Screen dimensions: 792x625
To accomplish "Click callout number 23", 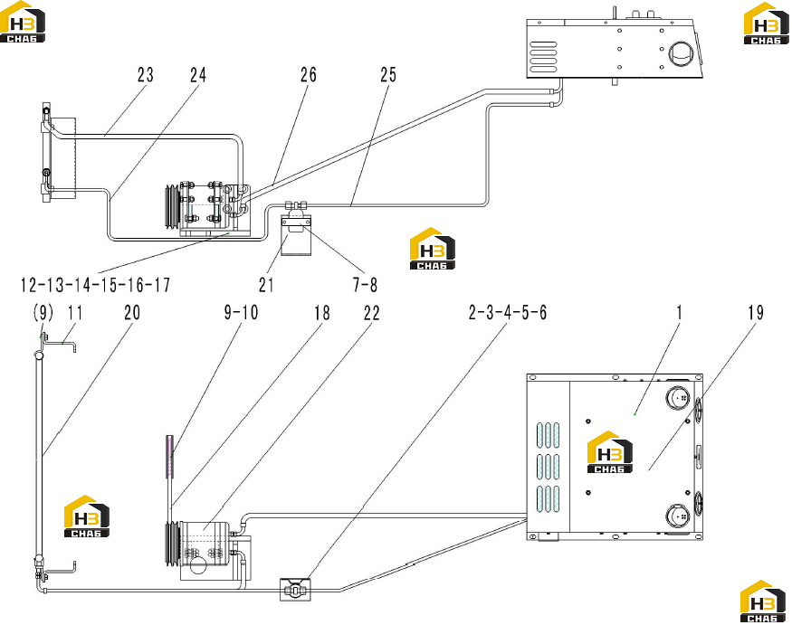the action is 146,75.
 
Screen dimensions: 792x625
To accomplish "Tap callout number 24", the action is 198,75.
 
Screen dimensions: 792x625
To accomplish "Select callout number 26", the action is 308,75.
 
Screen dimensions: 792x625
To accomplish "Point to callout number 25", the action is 388,75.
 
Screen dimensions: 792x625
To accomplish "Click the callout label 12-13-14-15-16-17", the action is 95,285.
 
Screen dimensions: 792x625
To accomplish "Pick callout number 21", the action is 266,285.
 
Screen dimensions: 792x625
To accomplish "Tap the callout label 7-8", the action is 365,285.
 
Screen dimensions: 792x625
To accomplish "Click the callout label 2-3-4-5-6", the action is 508,313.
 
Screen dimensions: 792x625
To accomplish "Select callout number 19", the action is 756,313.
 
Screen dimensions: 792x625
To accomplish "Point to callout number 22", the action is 371,313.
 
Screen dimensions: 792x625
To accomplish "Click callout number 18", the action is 321,313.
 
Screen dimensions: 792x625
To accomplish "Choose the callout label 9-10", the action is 241,313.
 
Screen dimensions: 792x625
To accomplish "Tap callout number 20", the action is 132,313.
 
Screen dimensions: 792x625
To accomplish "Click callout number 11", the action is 75,313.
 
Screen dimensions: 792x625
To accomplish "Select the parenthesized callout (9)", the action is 43,314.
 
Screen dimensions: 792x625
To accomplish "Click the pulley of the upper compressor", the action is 172,208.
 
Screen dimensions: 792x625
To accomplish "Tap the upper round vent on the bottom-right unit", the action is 678,398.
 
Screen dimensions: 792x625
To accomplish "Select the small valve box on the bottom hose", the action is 295,590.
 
